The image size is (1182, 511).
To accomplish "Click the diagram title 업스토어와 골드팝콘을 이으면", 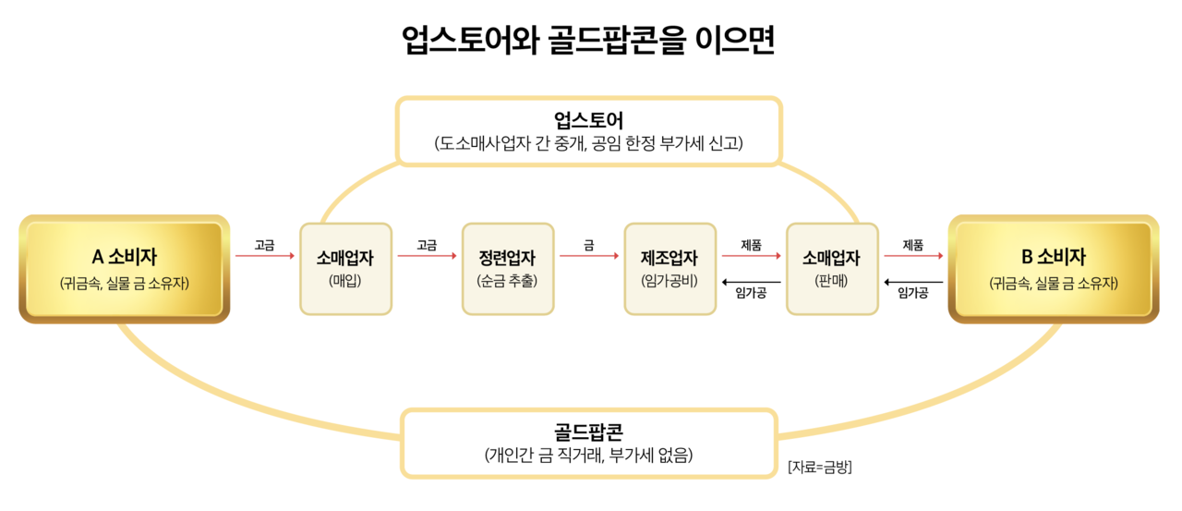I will [589, 41].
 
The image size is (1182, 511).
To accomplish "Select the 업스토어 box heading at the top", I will [589, 120].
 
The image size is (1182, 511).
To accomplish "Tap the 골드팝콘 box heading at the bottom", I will [589, 432].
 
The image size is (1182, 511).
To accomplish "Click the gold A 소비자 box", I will [124, 269].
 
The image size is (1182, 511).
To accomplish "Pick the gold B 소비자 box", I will [1053, 269].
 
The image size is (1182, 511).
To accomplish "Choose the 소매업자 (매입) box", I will [345, 269].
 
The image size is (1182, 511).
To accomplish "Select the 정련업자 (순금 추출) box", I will [507, 269].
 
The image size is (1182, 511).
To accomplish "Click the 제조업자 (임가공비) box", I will [669, 269].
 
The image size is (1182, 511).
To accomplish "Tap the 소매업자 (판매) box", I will [831, 269].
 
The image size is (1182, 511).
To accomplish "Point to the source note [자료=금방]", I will [819, 467].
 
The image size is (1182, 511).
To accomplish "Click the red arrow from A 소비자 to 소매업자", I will [264, 256].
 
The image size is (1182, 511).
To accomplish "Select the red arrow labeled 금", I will [588, 256].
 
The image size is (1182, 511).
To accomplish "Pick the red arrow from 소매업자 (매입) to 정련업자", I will [427, 256].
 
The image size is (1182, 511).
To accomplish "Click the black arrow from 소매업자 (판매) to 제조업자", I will [751, 282].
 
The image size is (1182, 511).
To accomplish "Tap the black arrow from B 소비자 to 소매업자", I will [913, 282].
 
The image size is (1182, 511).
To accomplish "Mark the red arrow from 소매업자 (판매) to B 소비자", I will [913, 256].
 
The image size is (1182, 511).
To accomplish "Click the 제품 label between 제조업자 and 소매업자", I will [751, 245].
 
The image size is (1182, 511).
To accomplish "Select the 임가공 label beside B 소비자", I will [913, 294].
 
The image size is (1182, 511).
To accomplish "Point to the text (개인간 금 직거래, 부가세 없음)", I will [589, 455].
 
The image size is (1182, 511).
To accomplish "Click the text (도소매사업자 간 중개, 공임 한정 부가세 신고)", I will [589, 143].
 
